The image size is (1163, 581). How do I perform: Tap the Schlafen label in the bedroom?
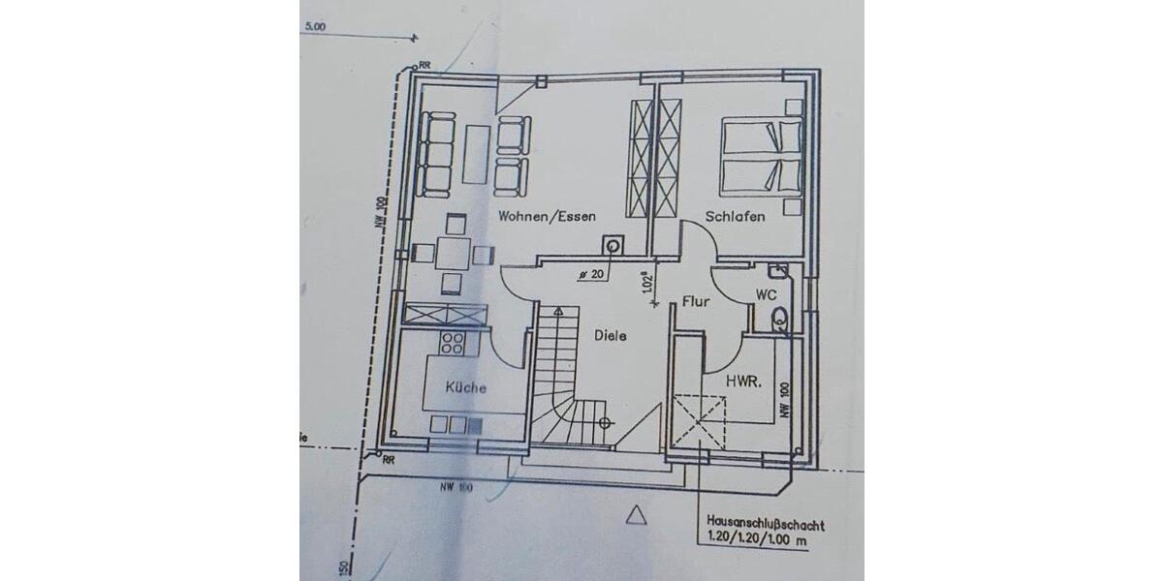point(735,217)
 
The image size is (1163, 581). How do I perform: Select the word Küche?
point(465,387)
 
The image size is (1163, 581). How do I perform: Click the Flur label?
point(696,301)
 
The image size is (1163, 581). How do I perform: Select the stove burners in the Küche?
point(453,342)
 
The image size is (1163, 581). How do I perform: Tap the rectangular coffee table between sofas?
point(476,155)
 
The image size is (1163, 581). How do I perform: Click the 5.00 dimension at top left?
point(314,27)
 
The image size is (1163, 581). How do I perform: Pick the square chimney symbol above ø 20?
point(613,246)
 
